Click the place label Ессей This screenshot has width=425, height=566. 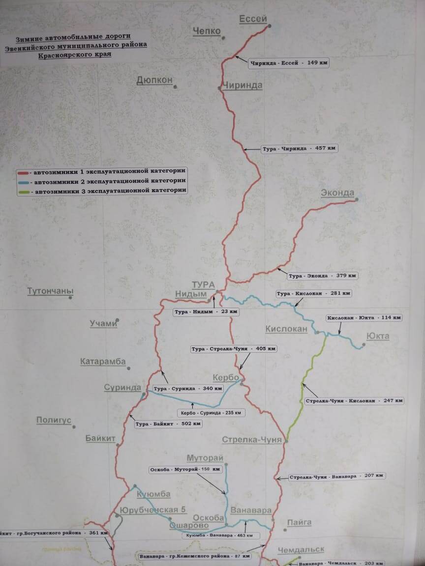(x=253, y=19)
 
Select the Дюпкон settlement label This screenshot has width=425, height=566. (x=154, y=80)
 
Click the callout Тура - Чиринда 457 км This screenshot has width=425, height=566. (x=299, y=148)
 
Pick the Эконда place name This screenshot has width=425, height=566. (x=337, y=193)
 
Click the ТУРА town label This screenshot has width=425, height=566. (x=203, y=285)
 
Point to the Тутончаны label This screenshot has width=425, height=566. (x=50, y=291)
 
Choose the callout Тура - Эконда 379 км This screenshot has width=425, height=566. (x=323, y=276)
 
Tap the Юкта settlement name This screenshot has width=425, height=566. (x=378, y=337)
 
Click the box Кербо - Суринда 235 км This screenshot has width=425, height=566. (x=211, y=413)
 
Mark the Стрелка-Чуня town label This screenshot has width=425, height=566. (x=252, y=440)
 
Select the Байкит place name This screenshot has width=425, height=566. (x=100, y=438)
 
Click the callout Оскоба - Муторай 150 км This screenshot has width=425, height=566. (x=181, y=470)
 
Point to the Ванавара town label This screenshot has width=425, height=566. (x=251, y=511)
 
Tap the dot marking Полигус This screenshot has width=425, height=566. (x=74, y=427)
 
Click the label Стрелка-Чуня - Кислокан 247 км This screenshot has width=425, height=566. (x=354, y=401)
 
